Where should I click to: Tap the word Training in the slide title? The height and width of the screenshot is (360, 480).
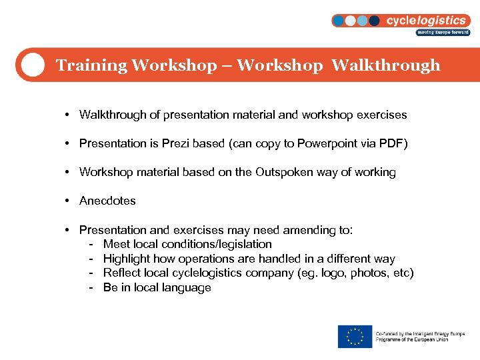click(91, 65)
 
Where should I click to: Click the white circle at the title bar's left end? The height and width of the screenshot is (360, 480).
click(31, 65)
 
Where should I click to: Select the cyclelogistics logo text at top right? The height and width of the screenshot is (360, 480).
click(427, 21)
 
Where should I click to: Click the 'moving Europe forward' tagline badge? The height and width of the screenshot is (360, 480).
click(443, 32)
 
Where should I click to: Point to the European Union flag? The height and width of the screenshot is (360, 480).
click(355, 337)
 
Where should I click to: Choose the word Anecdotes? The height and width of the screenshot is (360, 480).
click(107, 201)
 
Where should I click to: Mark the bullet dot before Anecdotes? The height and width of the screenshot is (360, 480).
click(69, 201)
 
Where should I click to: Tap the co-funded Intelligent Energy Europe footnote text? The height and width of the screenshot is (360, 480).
click(420, 337)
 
